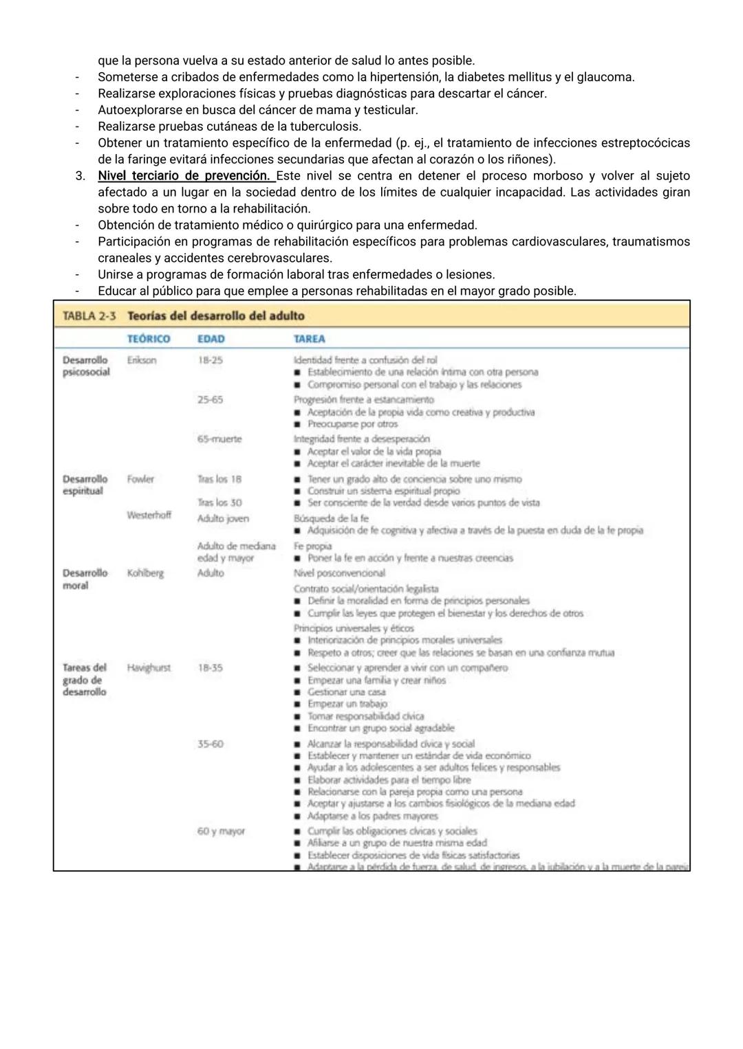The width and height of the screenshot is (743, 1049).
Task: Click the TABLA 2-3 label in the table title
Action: coord(89,316)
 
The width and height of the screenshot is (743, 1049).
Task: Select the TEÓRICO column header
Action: coord(149,339)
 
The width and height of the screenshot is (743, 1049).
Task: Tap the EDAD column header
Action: coord(211,339)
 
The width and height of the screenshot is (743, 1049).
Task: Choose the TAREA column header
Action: coord(310,339)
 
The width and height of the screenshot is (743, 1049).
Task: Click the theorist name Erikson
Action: coord(142,360)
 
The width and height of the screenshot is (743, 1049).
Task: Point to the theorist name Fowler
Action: coord(140,479)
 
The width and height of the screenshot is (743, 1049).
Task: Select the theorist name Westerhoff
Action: coord(149,515)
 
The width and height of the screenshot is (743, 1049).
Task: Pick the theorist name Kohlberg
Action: coord(145,573)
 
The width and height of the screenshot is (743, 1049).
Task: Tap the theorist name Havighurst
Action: coord(149,667)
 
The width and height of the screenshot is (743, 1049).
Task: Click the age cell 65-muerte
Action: coord(219,439)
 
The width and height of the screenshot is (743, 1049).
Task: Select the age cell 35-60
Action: coord(211,744)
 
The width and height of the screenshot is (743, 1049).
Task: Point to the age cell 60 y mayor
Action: coord(221,831)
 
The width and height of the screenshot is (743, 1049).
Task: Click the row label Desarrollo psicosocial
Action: coord(86,366)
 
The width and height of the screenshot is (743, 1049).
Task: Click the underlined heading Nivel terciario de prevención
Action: coord(183,176)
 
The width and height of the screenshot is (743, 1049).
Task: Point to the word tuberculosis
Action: coord(324,126)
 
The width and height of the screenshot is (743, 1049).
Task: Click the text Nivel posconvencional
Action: coord(339,573)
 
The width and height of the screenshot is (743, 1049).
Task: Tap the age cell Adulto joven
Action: coord(223,519)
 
